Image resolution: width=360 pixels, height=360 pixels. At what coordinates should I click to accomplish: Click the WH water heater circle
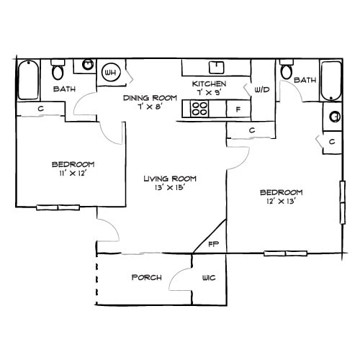[x=111, y=72]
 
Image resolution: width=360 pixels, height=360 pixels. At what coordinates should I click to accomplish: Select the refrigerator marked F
[x=237, y=109]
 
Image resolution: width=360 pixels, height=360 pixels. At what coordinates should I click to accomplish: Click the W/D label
[x=261, y=90]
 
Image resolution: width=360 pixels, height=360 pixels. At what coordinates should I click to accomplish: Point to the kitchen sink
[x=215, y=68]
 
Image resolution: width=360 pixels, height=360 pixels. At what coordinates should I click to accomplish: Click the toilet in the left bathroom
[x=58, y=71]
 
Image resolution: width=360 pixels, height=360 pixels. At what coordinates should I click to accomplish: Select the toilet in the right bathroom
[x=287, y=70]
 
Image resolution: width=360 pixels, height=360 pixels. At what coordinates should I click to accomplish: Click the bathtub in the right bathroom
[x=331, y=80]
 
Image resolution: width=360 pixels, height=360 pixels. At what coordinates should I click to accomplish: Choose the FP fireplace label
[x=214, y=244]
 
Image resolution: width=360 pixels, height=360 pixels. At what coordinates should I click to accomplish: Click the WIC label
[x=209, y=278]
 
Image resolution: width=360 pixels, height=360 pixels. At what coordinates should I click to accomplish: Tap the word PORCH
[x=146, y=278]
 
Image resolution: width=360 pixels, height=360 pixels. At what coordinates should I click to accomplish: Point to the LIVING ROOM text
[x=170, y=179]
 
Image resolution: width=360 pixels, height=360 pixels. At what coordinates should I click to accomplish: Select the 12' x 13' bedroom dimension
[x=281, y=202]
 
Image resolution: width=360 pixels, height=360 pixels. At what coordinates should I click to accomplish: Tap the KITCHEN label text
[x=209, y=84]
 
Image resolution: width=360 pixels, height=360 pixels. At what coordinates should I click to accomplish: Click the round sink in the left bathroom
[x=88, y=64]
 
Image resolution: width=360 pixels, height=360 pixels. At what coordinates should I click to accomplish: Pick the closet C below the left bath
[x=40, y=108]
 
